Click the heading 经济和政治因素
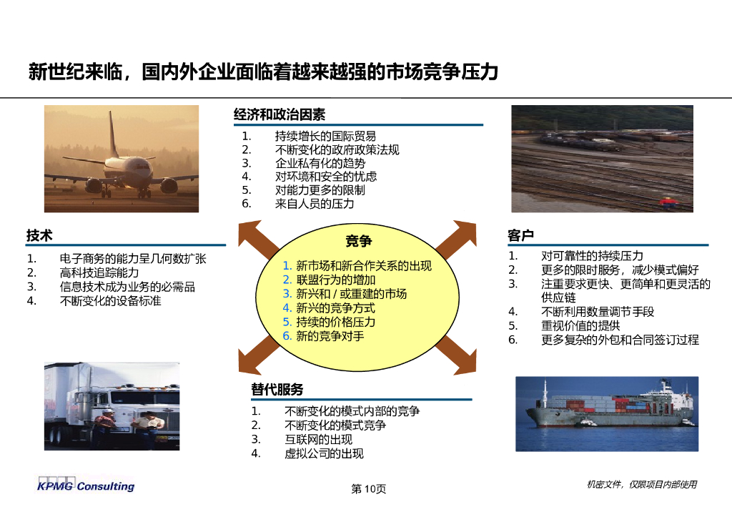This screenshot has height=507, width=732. pyautogui.click(x=279, y=114)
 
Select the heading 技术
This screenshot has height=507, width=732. pyautogui.click(x=39, y=235)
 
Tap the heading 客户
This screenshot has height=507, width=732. pyautogui.click(x=520, y=235)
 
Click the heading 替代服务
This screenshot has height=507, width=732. pyautogui.click(x=277, y=389)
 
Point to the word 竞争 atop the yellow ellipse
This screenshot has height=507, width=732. pyautogui.click(x=358, y=241)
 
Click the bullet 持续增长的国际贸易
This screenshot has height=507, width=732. pyautogui.click(x=325, y=136)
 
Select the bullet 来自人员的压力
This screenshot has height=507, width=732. pyautogui.click(x=315, y=204)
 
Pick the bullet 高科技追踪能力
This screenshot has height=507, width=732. pyautogui.click(x=99, y=272)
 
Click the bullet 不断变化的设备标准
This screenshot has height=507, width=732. pyautogui.click(x=111, y=300)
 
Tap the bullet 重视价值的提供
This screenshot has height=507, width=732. pyautogui.click(x=580, y=325)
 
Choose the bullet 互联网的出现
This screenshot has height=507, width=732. pyautogui.click(x=318, y=439)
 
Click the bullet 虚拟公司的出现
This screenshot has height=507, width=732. pyautogui.click(x=324, y=453)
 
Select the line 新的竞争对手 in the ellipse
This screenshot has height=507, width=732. pyautogui.click(x=330, y=335)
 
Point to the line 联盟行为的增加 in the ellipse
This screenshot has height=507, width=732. pyautogui.click(x=335, y=280)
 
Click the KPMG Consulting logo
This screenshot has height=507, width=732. pyautogui.click(x=86, y=486)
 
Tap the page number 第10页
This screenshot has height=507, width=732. pyautogui.click(x=368, y=489)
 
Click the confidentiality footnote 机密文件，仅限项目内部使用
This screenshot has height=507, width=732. pyautogui.click(x=641, y=485)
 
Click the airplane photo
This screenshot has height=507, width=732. pyautogui.click(x=122, y=159)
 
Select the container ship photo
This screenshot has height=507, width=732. pyautogui.click(x=606, y=413)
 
